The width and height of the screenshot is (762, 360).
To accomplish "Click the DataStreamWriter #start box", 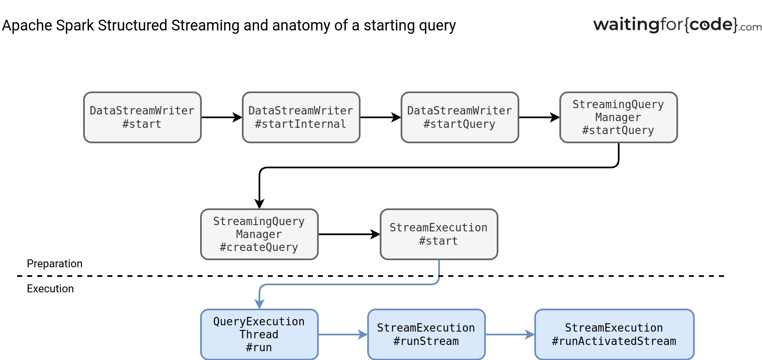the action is [x=142, y=117].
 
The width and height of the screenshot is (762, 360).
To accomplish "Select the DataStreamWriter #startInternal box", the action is [x=301, y=117].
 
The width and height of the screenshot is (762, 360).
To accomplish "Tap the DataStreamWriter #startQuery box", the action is [x=460, y=117].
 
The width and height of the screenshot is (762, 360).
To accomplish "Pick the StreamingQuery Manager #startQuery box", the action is [x=619, y=117].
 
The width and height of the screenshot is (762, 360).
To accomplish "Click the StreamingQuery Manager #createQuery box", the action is [x=259, y=234].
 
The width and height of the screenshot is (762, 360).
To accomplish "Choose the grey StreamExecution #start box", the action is [x=439, y=234].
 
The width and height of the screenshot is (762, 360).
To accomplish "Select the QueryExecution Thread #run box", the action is [x=259, y=335].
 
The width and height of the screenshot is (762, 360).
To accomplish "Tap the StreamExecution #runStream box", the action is [x=427, y=335].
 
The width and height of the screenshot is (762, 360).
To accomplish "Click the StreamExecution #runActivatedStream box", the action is [x=615, y=335].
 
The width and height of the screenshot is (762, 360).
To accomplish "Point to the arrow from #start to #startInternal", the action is [x=222, y=117].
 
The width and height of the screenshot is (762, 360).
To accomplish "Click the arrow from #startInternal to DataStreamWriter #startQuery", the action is [x=381, y=117].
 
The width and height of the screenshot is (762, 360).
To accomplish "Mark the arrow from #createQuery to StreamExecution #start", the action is [x=349, y=234].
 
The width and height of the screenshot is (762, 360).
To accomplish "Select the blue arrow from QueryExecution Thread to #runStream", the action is [x=343, y=335].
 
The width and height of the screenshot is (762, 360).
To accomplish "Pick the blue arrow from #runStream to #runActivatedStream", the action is [x=510, y=335].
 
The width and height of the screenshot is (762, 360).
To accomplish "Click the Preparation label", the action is [x=55, y=264].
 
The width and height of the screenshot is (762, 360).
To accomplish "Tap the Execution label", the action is [x=50, y=289].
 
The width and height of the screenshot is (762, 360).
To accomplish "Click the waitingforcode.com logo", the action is [x=677, y=25].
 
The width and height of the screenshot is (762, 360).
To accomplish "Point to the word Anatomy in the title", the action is [x=301, y=25].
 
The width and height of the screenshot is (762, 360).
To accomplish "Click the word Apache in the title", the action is [x=27, y=25].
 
